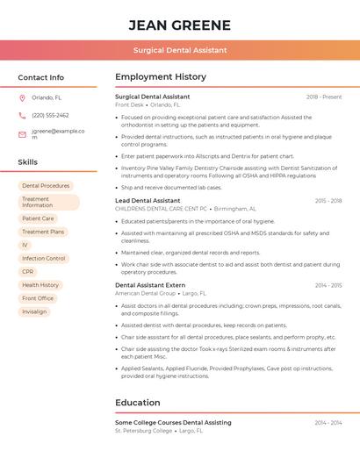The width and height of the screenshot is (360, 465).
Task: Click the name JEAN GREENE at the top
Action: (x=180, y=25)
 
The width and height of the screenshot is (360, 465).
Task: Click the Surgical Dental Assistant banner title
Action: (x=180, y=51)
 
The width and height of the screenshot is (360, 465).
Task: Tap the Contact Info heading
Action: (x=41, y=77)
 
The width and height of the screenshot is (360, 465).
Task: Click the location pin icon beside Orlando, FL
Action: (x=22, y=98)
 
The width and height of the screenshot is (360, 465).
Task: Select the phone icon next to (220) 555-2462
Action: (x=22, y=115)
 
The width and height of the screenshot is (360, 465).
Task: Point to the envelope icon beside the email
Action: (x=22, y=134)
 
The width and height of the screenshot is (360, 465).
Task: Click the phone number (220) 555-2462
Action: (x=50, y=115)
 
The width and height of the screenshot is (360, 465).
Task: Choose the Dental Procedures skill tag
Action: (x=46, y=186)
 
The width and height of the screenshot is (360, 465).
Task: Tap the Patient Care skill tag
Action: (x=38, y=218)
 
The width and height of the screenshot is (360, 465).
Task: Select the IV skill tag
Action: (x=25, y=245)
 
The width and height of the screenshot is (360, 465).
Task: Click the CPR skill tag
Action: (x=28, y=272)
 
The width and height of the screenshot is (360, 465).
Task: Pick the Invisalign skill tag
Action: (x=34, y=311)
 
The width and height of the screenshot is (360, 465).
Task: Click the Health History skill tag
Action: (x=40, y=285)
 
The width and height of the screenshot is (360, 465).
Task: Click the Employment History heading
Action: (x=160, y=77)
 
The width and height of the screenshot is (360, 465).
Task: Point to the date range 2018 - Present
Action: (x=324, y=97)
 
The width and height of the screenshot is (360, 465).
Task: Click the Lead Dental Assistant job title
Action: (x=148, y=201)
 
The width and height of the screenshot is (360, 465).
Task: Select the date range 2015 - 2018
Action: (x=328, y=201)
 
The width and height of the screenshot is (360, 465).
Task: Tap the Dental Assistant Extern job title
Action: (x=150, y=285)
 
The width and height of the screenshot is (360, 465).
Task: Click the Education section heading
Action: (x=138, y=403)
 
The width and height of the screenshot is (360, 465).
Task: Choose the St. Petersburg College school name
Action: (x=144, y=431)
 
